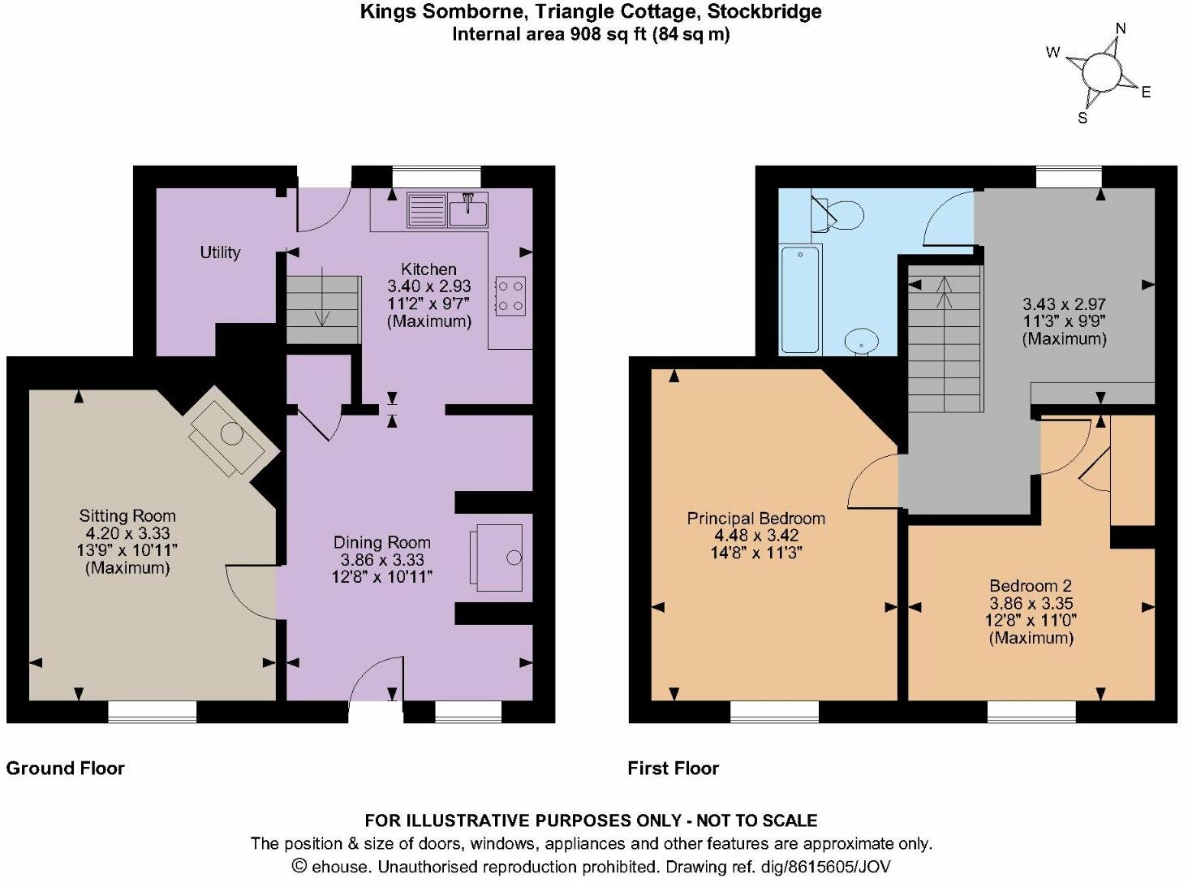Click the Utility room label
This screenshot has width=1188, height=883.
click(220, 252)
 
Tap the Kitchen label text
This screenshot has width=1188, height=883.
click(428, 269)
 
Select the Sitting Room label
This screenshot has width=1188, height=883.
click(127, 515)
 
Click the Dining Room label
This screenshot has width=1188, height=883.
click(382, 542)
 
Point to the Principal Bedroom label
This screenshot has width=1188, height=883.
click(755, 518)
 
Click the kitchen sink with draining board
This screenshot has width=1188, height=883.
click(447, 210)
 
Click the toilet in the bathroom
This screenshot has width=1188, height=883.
click(839, 214)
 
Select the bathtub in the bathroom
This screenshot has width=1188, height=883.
click(800, 299)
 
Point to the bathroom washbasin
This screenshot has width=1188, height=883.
click(861, 341)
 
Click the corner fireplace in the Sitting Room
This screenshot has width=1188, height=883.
click(230, 437)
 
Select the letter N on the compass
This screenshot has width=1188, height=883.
click(1121, 29)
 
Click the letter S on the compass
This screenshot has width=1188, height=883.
click(1082, 118)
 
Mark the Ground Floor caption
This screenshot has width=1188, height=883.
click(66, 768)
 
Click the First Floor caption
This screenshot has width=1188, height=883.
click(673, 768)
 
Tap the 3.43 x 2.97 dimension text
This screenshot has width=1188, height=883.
click(1063, 304)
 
